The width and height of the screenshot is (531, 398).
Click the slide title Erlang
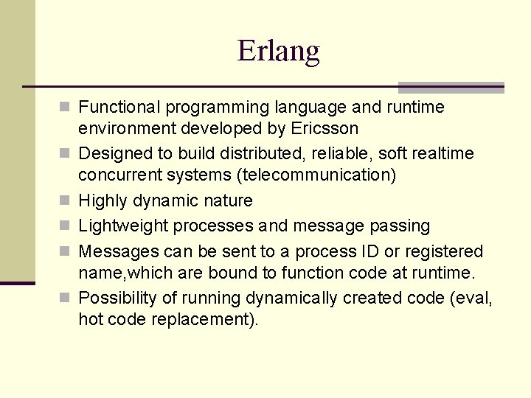[278, 51]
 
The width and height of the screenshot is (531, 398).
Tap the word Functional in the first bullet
[119, 108]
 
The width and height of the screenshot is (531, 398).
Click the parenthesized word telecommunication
[308, 175]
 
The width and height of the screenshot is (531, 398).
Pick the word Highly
[103, 200]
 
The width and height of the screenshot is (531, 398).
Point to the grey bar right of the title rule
[451, 87]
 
